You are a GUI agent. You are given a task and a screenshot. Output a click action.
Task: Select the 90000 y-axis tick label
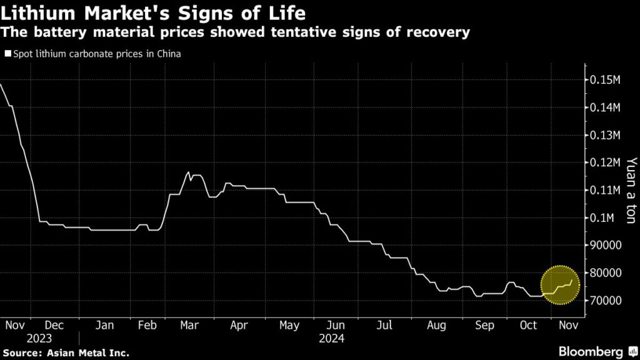pyautogui.click(x=604, y=245)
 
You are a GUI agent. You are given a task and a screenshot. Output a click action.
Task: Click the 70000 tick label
pyautogui.click(x=604, y=301)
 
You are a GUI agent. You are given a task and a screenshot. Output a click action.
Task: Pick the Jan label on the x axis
pyautogui.click(x=104, y=325)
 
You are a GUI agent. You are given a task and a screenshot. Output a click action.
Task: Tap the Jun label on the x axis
pyautogui.click(x=335, y=325)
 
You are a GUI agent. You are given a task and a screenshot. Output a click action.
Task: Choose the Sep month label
pyautogui.click(x=484, y=325)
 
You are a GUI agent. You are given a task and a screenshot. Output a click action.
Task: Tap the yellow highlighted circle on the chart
pyautogui.click(x=560, y=284)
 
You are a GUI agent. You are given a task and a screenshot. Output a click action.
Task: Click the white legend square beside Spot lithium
pyautogui.click(x=7, y=54)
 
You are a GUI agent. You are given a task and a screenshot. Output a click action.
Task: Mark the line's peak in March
pyautogui.click(x=189, y=172)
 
